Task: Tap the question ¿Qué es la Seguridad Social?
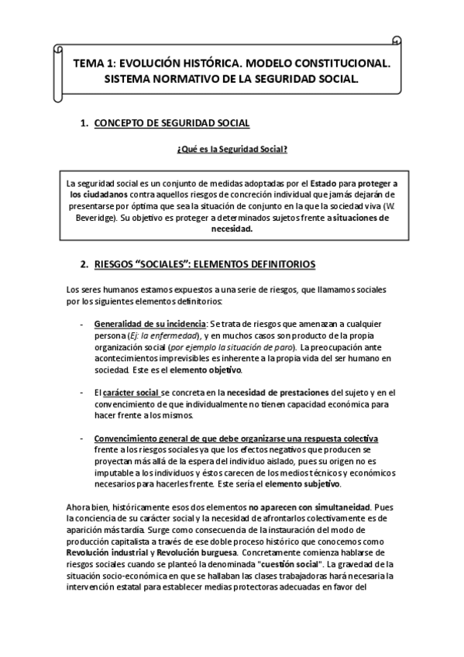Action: pyautogui.click(x=232, y=150)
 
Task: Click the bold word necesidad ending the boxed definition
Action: pyautogui.click(x=232, y=230)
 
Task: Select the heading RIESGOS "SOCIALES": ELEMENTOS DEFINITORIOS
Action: pyautogui.click(x=204, y=264)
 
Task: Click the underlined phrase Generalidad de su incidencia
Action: pyautogui.click(x=150, y=322)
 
